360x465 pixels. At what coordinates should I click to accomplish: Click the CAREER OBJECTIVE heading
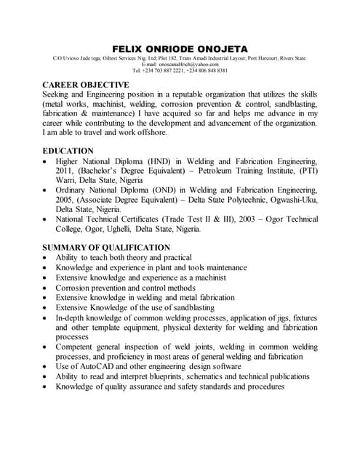pyautogui.click(x=86, y=85)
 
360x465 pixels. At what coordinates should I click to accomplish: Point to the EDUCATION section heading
pyautogui.click(x=68, y=150)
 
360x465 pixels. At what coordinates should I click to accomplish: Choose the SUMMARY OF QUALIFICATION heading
pyautogui.click(x=106, y=247)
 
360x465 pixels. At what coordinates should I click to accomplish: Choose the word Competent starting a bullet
pyautogui.click(x=77, y=347)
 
